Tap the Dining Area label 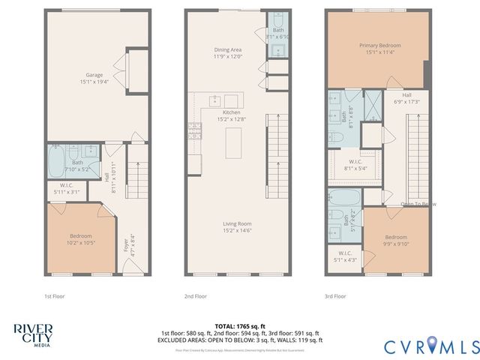pyautogui.click(x=226, y=49)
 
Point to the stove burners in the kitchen pyautogui.click(x=195, y=131)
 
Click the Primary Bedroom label pyautogui.click(x=379, y=45)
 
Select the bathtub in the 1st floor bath pyautogui.click(x=58, y=160)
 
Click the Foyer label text pyautogui.click(x=126, y=245)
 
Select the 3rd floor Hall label pyautogui.click(x=406, y=95)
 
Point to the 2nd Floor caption pyautogui.click(x=196, y=296)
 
